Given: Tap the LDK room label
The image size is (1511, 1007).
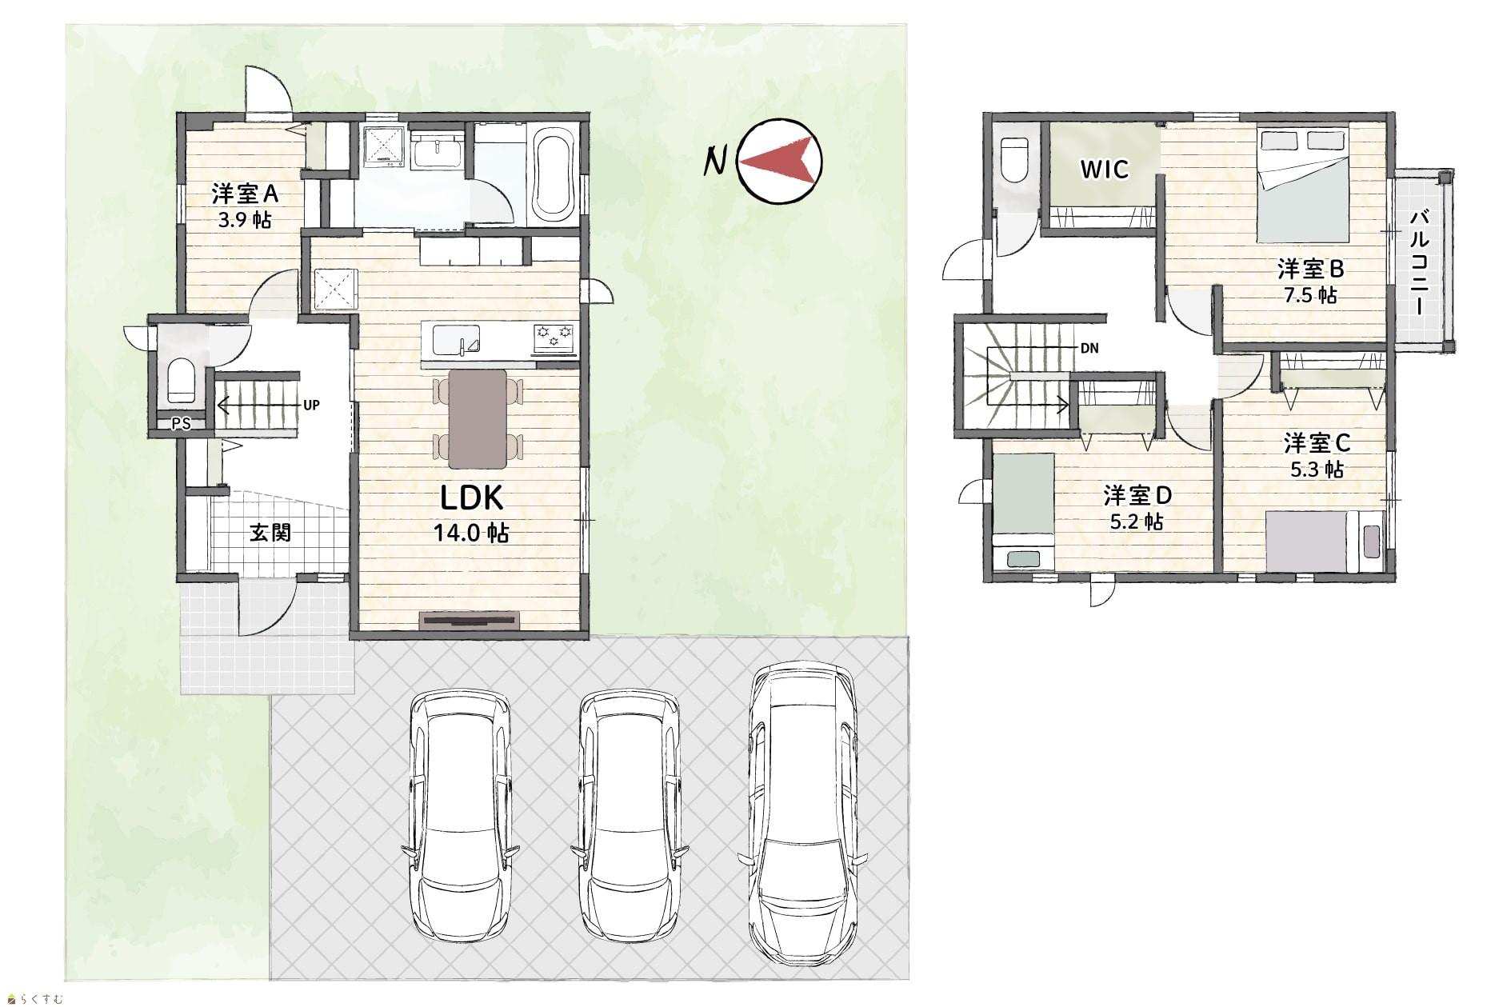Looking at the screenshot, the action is tap(472, 498).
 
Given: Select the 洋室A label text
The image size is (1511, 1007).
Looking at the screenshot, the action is tap(245, 194).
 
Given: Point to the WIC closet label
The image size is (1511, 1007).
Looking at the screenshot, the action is tap(1105, 170).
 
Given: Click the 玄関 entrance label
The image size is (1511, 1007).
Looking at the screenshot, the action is tap(270, 532).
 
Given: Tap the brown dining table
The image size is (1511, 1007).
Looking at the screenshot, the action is tap(478, 418).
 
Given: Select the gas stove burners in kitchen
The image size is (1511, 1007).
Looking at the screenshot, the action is tap(554, 337).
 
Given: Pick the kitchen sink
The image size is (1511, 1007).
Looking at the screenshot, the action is tap(455, 340).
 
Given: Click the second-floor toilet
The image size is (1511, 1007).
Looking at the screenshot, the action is tap(1013, 161).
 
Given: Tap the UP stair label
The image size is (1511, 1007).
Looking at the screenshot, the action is tap(311, 406).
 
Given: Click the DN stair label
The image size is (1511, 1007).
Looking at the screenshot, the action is tap(1089, 348).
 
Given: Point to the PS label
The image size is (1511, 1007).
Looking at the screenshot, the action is tap(182, 425).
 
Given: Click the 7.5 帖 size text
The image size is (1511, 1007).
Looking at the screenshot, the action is tap(1310, 294).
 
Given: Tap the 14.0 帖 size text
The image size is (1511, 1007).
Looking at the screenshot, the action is tap(471, 532).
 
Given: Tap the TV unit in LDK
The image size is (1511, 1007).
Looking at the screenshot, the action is tap(470, 620).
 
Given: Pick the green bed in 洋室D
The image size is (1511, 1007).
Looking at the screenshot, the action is tap(1023, 510).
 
